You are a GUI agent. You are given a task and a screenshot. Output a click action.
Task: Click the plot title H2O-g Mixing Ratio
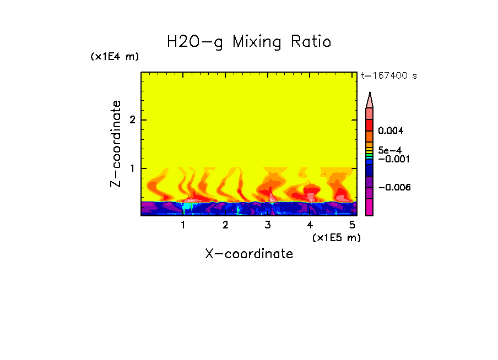click(x=249, y=42)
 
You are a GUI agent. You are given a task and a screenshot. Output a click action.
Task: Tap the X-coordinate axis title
click(x=249, y=254)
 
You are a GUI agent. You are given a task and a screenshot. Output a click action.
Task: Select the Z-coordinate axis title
click(x=116, y=144)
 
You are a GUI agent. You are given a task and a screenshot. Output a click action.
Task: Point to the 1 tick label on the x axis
click(x=183, y=225)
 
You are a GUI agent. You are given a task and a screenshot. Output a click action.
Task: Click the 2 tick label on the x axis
click(x=225, y=225)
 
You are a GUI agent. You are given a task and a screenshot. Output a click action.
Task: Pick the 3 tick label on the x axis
click(x=268, y=225)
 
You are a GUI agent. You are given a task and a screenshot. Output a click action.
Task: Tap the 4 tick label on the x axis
click(x=310, y=225)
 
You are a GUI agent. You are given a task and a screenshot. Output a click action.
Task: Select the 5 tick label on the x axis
click(x=352, y=225)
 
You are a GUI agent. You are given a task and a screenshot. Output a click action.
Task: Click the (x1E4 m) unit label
click(x=115, y=57)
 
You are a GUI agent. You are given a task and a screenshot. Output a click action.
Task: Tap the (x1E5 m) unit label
click(x=336, y=238)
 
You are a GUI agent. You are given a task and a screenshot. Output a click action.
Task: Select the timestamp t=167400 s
click(x=388, y=75)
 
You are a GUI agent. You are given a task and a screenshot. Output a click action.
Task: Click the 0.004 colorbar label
click(x=391, y=131)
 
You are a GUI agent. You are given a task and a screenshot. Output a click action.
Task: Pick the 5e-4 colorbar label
click(x=389, y=150)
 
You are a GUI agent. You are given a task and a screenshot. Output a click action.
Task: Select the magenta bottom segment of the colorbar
click(x=370, y=208)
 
